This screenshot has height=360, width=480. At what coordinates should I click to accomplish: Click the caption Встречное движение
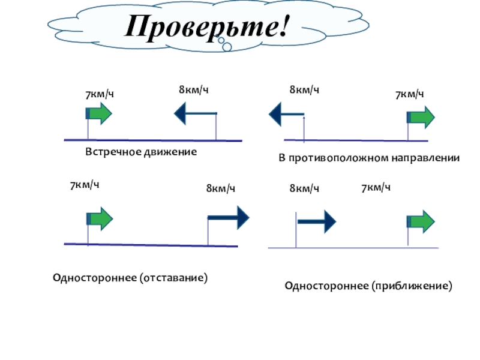tap(141, 152)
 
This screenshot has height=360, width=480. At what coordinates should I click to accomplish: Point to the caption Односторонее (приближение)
tap(368, 286)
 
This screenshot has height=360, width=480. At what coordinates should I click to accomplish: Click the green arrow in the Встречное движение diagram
tap(99, 113)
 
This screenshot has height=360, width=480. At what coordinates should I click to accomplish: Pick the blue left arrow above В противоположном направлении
tap(287, 113)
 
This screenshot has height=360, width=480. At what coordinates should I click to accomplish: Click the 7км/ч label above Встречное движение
tap(99, 94)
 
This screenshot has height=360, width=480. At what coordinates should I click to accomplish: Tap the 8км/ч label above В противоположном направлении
tap(304, 89)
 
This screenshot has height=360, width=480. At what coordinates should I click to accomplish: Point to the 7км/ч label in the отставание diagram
tap(84, 185)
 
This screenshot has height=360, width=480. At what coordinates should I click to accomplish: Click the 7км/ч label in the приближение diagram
tap(376, 188)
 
